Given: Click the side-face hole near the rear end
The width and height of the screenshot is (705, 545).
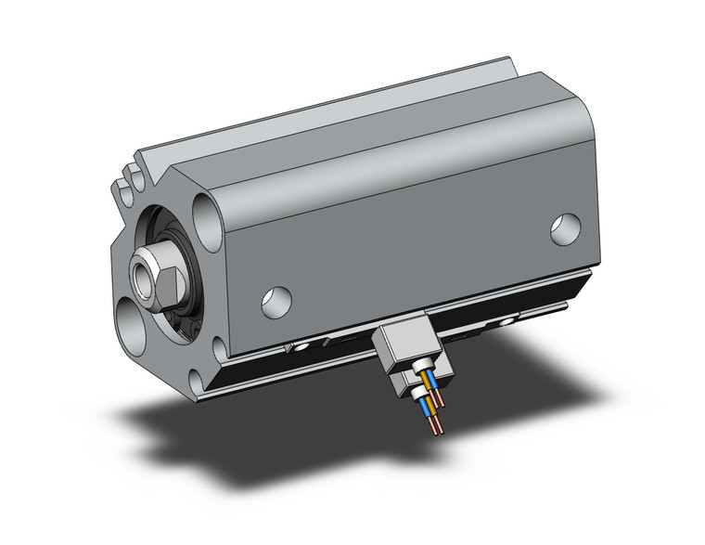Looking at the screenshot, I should (x=565, y=228).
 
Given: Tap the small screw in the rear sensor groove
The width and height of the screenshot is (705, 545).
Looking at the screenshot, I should (x=505, y=320).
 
